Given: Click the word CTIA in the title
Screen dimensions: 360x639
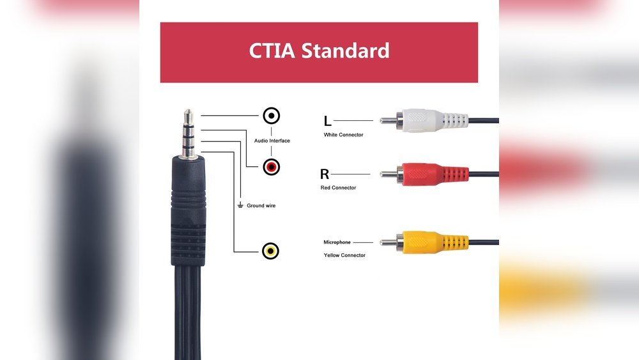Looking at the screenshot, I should (272, 51).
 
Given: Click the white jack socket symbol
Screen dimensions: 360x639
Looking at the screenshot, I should (272, 116).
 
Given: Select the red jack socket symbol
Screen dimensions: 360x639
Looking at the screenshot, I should (272, 168).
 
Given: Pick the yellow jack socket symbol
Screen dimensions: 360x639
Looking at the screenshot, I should (272, 251).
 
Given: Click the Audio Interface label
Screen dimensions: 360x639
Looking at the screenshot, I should (272, 141).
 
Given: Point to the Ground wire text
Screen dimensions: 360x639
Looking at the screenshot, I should (261, 206).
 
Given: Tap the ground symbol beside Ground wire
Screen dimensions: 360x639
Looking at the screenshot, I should (240, 205).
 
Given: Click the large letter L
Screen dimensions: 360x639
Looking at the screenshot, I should (327, 121).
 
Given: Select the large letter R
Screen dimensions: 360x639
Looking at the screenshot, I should (325, 174).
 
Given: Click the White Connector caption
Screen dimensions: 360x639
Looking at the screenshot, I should (343, 135).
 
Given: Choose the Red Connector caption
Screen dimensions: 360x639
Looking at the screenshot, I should (338, 188).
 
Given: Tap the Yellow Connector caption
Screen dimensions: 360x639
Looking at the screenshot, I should (344, 255).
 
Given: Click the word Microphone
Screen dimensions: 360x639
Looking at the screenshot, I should (337, 242).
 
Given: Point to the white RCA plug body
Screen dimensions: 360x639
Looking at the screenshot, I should (435, 120).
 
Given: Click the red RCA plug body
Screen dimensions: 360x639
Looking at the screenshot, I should (435, 173).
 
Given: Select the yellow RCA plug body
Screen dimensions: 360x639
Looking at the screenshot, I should (435, 242).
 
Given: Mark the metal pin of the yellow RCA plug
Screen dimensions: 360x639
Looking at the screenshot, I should (388, 242).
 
